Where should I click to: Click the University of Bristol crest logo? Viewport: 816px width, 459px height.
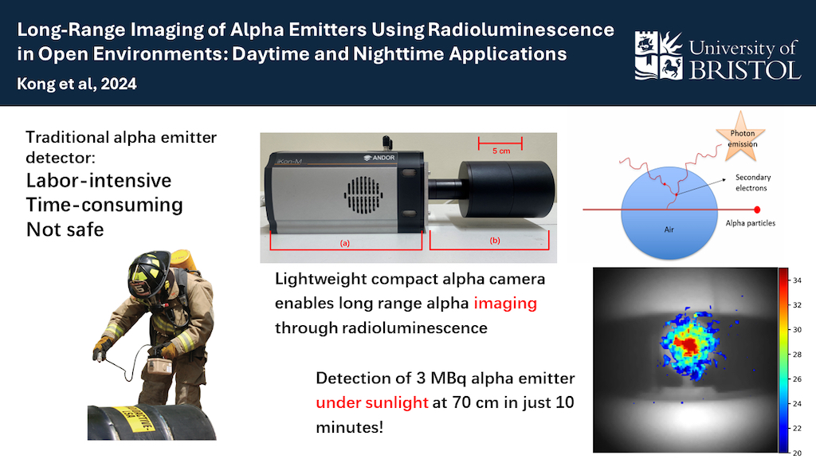(657, 55)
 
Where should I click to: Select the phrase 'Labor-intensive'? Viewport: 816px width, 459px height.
(99, 179)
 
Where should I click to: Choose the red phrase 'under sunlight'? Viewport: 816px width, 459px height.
(372, 402)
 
